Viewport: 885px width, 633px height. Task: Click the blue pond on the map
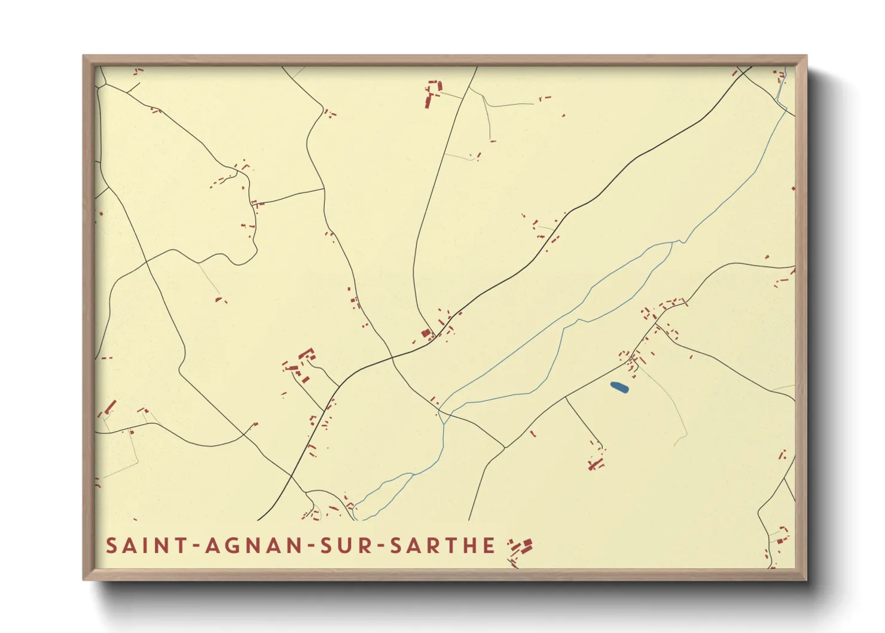tap(619, 388)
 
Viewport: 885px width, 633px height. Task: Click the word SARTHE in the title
tap(443, 546)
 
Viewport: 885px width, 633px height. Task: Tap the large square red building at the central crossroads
tap(426, 334)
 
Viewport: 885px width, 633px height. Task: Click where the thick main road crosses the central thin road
tap(392, 357)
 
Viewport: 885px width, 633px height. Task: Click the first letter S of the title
tap(111, 546)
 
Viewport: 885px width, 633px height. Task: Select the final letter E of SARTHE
tap(490, 546)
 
